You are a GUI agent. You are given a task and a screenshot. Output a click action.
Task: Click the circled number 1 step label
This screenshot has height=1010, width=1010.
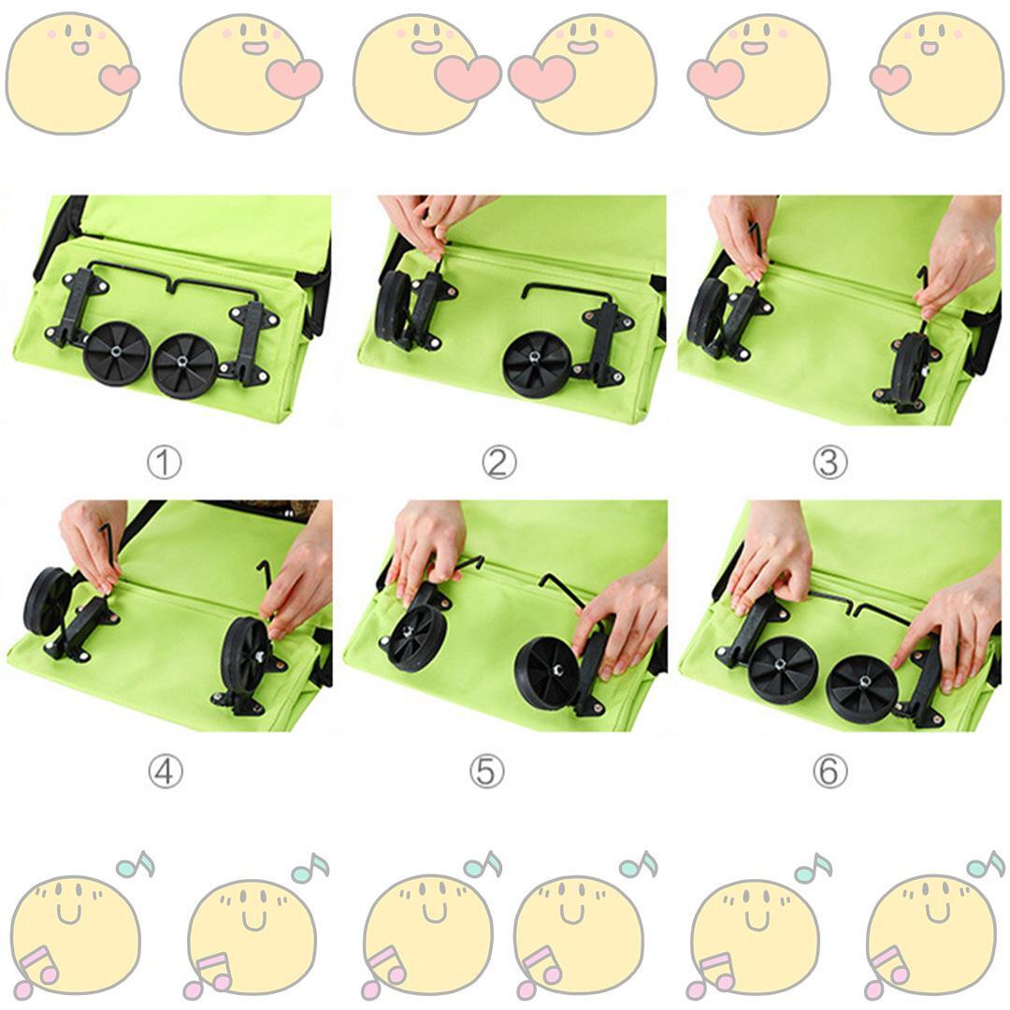pyautogui.click(x=165, y=463)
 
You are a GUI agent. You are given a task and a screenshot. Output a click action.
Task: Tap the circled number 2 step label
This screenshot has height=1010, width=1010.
pyautogui.click(x=499, y=463)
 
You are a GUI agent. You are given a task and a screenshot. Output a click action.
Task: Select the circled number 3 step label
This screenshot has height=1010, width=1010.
pyautogui.click(x=830, y=463)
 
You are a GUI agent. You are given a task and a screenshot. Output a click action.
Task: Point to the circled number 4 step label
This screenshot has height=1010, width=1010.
pyautogui.click(x=165, y=771)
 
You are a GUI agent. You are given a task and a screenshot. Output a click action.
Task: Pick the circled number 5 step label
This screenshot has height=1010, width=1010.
pyautogui.click(x=486, y=771)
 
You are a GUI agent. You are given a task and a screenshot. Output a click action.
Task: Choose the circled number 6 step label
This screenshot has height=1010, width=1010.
pyautogui.click(x=830, y=771)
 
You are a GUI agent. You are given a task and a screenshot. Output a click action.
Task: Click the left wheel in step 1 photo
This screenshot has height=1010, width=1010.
pyautogui.click(x=117, y=354)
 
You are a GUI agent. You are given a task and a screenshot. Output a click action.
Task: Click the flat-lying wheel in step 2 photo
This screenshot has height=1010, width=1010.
pyautogui.click(x=538, y=363)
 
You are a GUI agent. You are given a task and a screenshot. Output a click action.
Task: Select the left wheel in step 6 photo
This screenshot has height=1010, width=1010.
pyautogui.click(x=784, y=670)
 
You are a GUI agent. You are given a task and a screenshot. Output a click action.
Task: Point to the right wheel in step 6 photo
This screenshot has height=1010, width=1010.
pyautogui.click(x=861, y=688)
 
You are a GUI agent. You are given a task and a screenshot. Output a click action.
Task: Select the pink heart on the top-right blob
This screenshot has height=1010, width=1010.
pyautogui.click(x=890, y=79)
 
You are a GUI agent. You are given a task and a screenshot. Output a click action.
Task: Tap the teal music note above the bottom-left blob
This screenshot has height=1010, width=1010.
pyautogui.click(x=136, y=865)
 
